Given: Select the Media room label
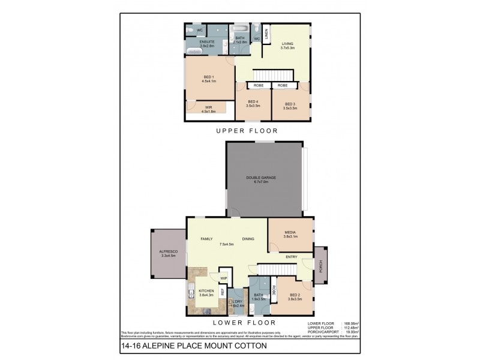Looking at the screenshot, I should (290, 232).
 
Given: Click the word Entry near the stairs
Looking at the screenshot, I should (292, 257).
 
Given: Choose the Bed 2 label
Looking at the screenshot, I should (294, 295).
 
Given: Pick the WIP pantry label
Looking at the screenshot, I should (223, 278).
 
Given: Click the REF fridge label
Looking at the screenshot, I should (222, 292).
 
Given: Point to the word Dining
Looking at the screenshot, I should (248, 239).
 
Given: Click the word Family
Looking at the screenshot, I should (207, 239).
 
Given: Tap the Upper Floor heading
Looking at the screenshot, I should (247, 130).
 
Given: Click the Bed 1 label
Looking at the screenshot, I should (209, 77).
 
